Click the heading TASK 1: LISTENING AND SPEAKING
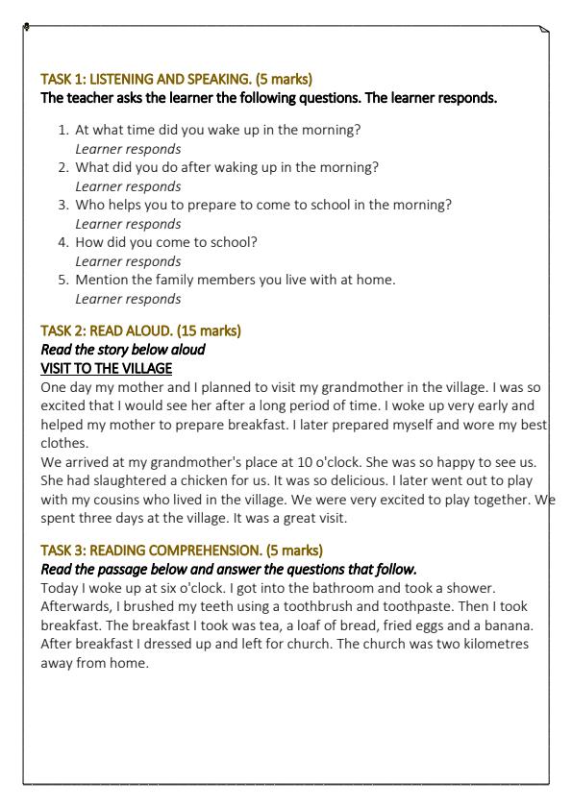(x=176, y=79)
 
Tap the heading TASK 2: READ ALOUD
(x=140, y=331)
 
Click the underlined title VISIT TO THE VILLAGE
(x=106, y=368)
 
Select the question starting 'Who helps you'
(x=263, y=205)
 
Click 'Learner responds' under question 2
(x=128, y=186)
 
